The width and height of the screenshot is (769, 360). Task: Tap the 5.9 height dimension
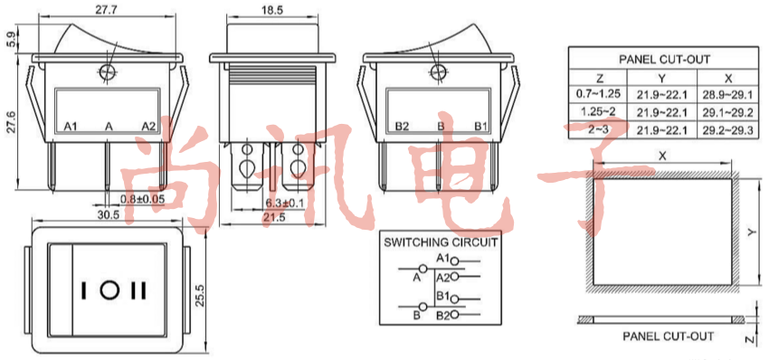10,39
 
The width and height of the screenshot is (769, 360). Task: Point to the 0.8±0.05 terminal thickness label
142,199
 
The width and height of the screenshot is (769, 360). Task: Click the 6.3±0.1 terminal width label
284,202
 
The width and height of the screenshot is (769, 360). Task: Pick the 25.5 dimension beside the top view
200,295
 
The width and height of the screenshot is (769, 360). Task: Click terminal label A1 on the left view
71,127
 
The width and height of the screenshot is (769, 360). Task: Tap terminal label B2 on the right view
403,127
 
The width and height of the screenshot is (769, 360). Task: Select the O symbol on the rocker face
109,290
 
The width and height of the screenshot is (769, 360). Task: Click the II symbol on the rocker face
138,290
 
